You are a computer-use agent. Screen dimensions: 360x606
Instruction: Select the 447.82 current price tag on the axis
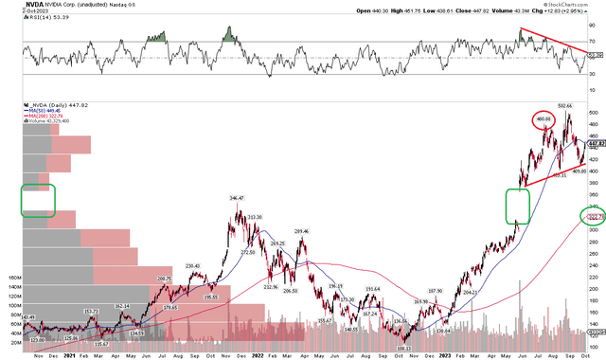click(594, 144)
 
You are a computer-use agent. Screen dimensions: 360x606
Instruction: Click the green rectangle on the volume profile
click(38, 199)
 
